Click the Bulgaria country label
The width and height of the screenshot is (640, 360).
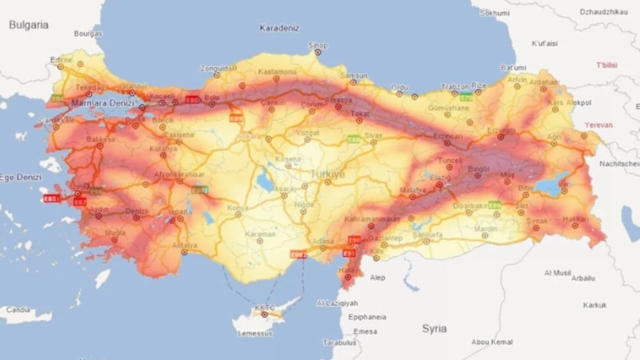(29, 25)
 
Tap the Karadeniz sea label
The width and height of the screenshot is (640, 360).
(279, 28)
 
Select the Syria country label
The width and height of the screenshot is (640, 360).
(434, 328)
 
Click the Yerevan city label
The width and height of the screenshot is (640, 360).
(598, 125)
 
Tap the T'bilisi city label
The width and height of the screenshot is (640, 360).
(606, 65)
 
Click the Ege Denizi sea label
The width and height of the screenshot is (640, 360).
(19, 178)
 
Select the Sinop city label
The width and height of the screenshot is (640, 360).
(318, 46)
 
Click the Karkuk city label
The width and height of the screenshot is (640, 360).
(594, 305)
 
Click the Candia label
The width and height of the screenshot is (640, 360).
(17, 310)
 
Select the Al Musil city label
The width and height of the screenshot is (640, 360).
(558, 273)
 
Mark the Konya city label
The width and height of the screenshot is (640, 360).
(238, 207)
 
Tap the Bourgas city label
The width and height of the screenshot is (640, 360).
(88, 34)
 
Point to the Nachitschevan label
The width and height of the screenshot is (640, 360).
(620, 163)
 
